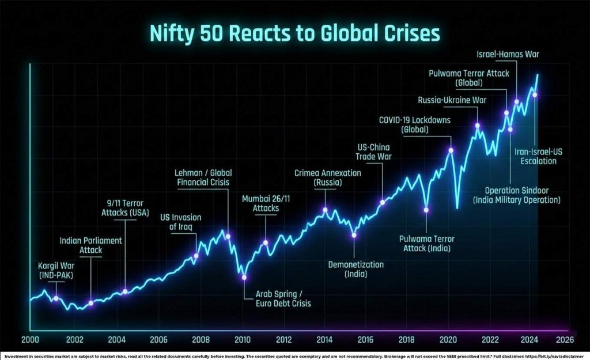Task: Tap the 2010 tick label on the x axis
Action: coord(242,339)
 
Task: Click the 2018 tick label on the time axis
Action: coord(407,339)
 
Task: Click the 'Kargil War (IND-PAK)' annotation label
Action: coord(56,271)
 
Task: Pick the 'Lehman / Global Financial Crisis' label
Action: coord(203,177)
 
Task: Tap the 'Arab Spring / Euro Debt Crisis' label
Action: coord(283,298)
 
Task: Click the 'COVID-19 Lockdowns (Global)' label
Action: coord(414,125)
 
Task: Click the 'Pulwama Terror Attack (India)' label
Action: coord(425,243)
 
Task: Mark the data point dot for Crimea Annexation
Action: coord(326,210)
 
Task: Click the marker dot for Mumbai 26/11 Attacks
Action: coord(266,242)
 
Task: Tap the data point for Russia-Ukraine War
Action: coord(477,126)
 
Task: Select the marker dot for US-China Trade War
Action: coord(383,202)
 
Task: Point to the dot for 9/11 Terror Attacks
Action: coord(125,291)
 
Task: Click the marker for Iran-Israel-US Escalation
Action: coord(535,94)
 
